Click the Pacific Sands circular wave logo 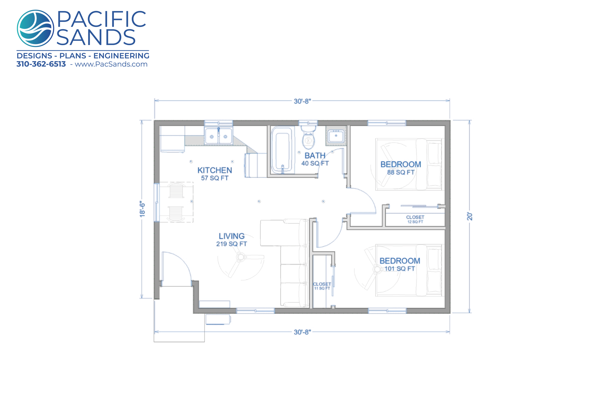tap(35, 28)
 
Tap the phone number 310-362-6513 tap(41, 64)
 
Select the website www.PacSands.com tap(111, 64)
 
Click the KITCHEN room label tap(215, 170)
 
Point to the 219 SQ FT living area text tap(232, 244)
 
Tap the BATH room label tap(315, 155)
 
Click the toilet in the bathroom tap(308, 137)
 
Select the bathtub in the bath tap(283, 150)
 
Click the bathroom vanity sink tap(336, 136)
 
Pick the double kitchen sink tap(218, 136)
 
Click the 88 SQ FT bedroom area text tap(401, 172)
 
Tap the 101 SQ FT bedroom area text tap(400, 268)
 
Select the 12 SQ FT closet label tap(415, 222)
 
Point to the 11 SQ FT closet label tap(322, 288)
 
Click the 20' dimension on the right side tap(470, 216)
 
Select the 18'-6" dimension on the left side tap(142, 209)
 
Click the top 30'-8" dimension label tap(302, 101)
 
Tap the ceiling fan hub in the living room tap(240, 258)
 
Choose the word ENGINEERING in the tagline tap(121, 56)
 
